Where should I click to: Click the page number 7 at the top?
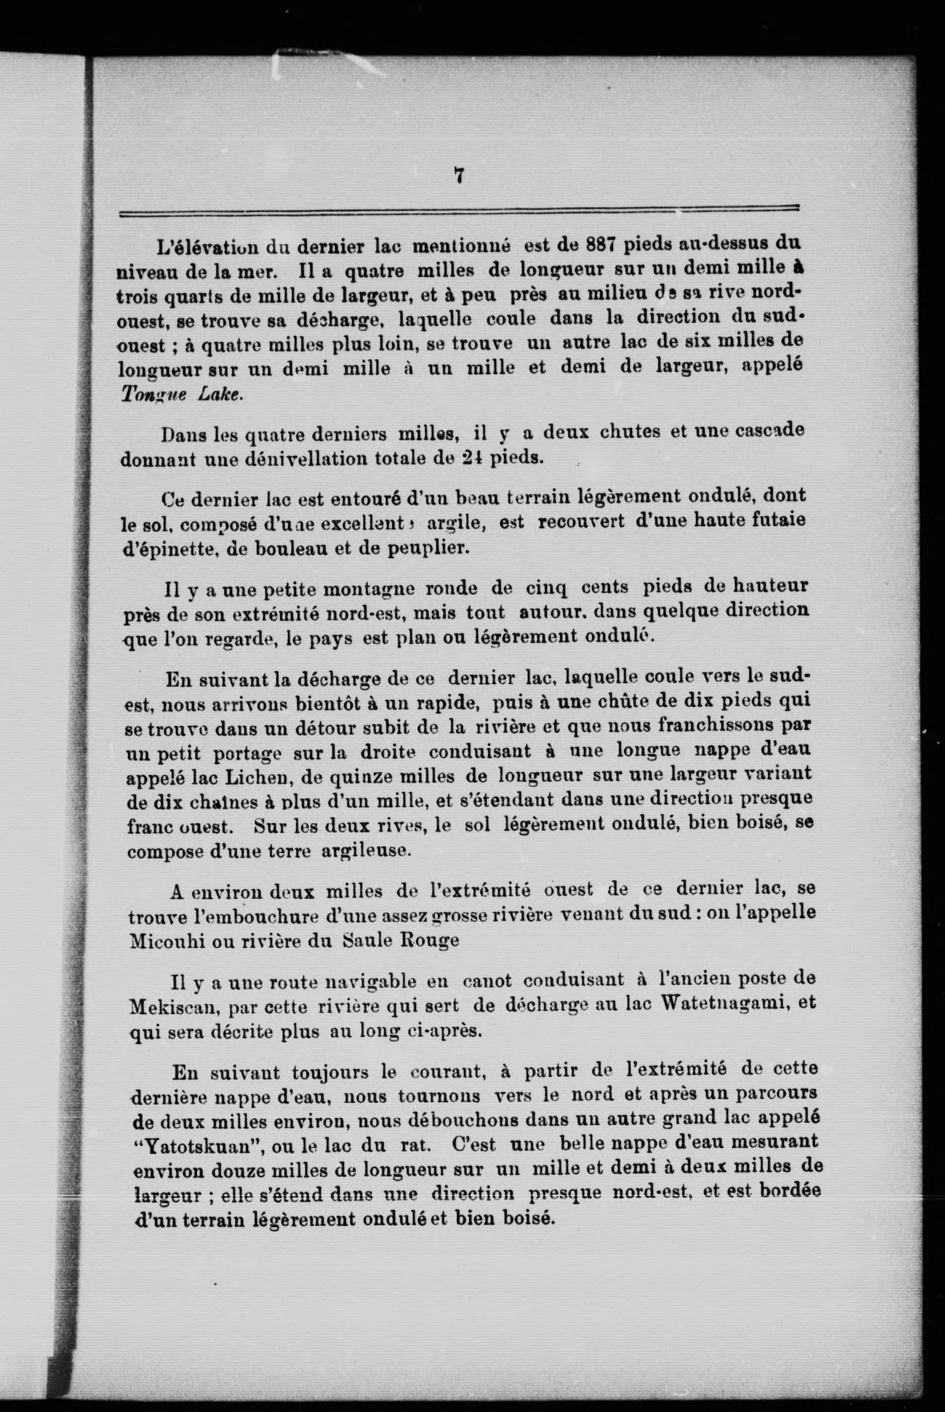(459, 175)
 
